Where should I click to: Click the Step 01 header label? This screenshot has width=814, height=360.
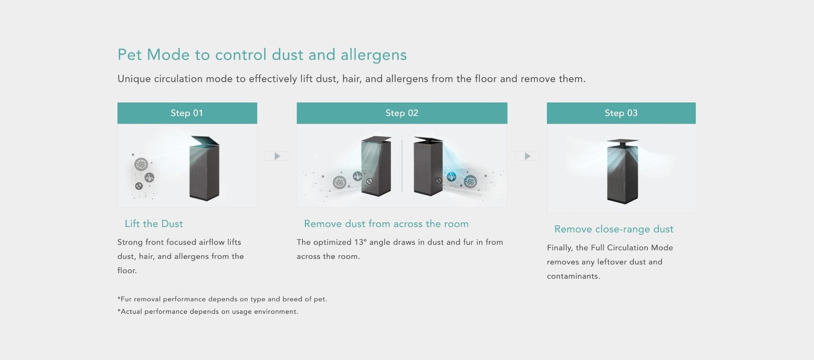[x=187, y=113]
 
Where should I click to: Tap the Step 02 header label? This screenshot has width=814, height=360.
[x=402, y=113]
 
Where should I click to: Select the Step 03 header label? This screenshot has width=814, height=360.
[x=621, y=113]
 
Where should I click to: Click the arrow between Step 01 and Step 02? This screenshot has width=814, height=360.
[x=277, y=156]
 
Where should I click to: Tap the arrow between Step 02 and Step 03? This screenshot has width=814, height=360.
[x=527, y=156]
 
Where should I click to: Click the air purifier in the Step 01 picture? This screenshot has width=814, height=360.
[x=204, y=168]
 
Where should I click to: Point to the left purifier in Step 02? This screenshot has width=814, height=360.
[x=376, y=166]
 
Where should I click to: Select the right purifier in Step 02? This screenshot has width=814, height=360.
[x=428, y=166]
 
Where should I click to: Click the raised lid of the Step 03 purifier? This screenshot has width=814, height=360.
[x=622, y=141]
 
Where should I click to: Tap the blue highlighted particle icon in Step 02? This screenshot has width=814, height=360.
[x=451, y=177]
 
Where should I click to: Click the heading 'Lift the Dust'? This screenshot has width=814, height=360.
[x=154, y=224]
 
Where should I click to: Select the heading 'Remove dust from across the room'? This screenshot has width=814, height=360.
[x=386, y=224]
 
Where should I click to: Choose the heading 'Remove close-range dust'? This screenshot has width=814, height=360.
[x=614, y=229]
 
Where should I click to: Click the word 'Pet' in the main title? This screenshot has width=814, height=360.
[x=129, y=55]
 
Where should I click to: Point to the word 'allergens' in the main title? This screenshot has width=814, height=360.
[x=373, y=55]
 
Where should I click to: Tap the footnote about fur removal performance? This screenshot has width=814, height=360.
[x=222, y=299]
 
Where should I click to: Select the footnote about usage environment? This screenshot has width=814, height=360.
[x=208, y=311]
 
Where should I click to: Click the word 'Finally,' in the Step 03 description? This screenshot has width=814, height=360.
[x=560, y=248]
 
